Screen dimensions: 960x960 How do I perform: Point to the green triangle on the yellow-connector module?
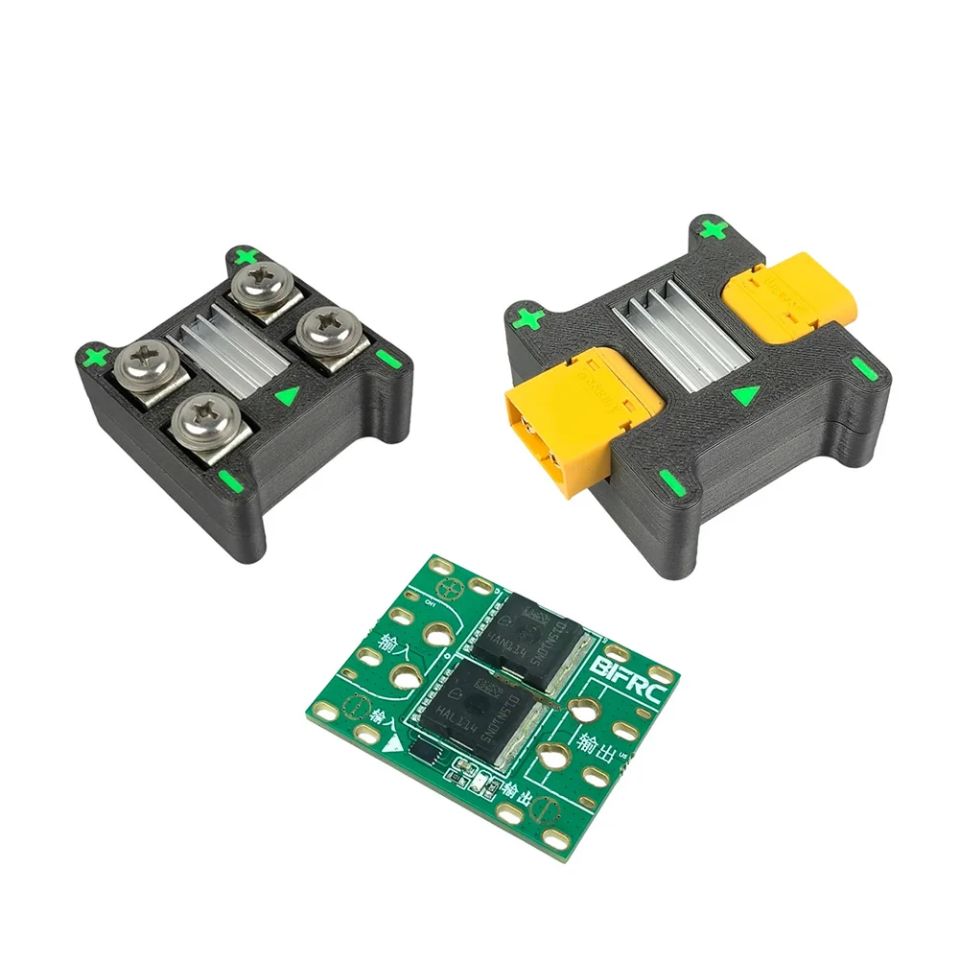pos(744,394)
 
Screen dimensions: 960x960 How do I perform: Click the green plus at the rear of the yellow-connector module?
pos(711,229)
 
